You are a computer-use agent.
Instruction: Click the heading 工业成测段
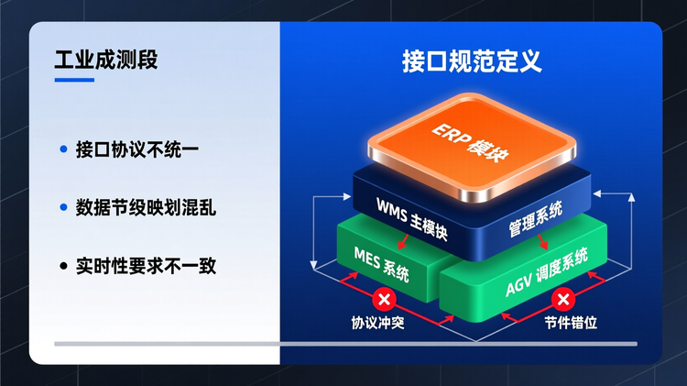coord(106,61)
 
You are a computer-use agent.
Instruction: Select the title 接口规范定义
coord(472,61)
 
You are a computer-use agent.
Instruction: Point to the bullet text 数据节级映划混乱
coord(146,208)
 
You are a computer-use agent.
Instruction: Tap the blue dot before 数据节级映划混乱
coord(63,208)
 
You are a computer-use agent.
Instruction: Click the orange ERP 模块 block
coord(472,147)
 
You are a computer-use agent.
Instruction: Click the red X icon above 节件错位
coord(564,298)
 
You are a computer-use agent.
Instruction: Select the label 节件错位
coord(564,324)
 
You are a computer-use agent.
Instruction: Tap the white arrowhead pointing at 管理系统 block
coord(598,194)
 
